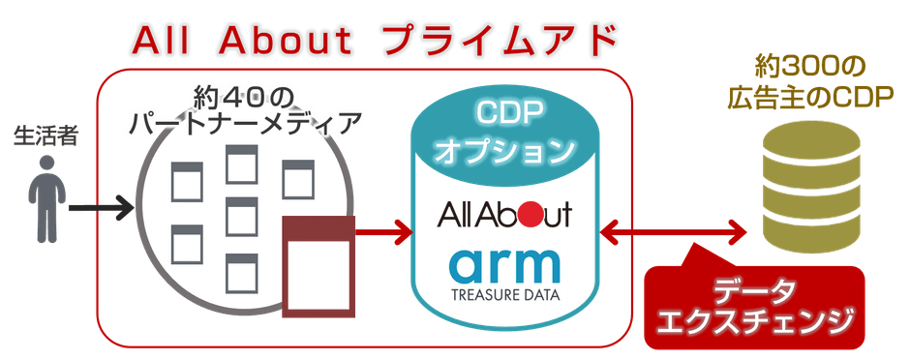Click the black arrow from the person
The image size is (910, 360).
[x=101, y=206]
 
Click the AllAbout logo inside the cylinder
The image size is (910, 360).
[x=504, y=214]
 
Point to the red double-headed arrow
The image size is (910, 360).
[x=677, y=231]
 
